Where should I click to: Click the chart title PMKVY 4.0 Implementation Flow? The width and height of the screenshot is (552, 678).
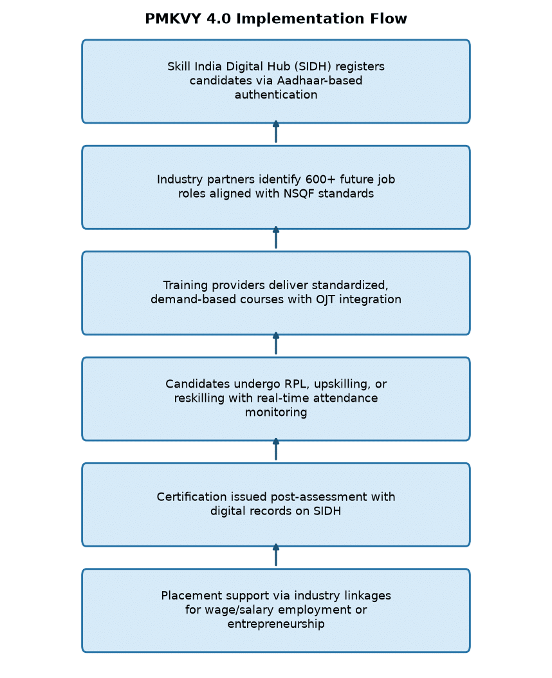275,19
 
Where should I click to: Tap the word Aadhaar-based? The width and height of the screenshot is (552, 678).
320,80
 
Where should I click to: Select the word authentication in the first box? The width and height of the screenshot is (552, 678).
276,95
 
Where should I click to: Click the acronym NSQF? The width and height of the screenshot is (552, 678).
299,194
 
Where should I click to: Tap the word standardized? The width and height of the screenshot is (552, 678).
350,285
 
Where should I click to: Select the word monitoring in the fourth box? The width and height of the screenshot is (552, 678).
276,413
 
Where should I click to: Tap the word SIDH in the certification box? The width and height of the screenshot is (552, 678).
327,511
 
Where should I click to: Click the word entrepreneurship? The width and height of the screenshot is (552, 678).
276,624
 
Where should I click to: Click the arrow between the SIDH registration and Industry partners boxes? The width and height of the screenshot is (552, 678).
276,131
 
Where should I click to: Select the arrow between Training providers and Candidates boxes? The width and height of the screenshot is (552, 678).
276,343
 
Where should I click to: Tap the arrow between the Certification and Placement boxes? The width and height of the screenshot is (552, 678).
276,555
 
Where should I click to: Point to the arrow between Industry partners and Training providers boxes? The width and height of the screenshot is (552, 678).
276,238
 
